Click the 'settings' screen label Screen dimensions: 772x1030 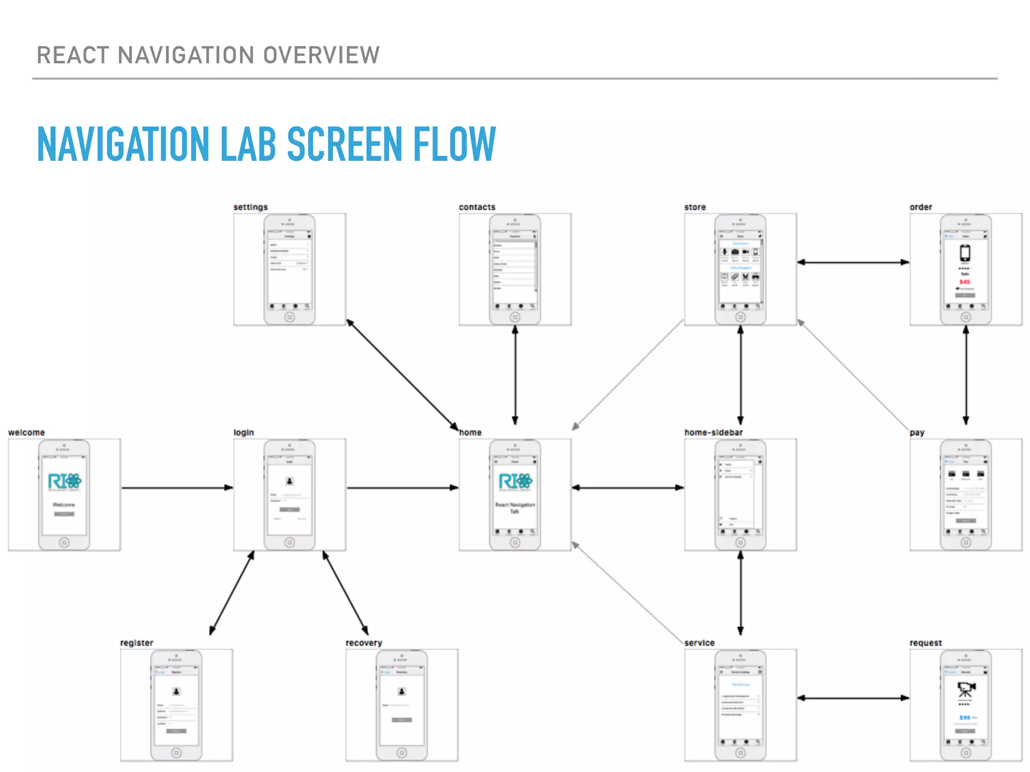click(250, 207)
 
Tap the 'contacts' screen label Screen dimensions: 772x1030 click(477, 207)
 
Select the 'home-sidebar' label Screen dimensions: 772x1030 click(713, 432)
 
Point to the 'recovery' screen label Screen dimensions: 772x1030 click(364, 643)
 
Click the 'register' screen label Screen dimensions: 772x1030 click(136, 643)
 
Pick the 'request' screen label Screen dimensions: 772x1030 click(925, 643)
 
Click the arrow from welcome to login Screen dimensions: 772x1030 click(176, 488)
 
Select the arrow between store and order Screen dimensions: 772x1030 click(853, 262)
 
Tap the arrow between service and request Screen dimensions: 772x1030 click(853, 698)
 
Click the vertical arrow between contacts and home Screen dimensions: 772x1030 click(515, 374)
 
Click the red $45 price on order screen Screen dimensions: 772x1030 click(965, 282)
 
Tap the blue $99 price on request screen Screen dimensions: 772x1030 click(965, 718)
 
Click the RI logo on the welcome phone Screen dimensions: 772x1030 click(64, 481)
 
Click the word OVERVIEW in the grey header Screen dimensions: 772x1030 click(321, 55)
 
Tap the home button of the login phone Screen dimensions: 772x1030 click(290, 542)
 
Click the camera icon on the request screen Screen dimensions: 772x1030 click(966, 689)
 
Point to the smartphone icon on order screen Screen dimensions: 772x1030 click(965, 252)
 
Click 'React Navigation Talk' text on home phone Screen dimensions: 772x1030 click(515, 508)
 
